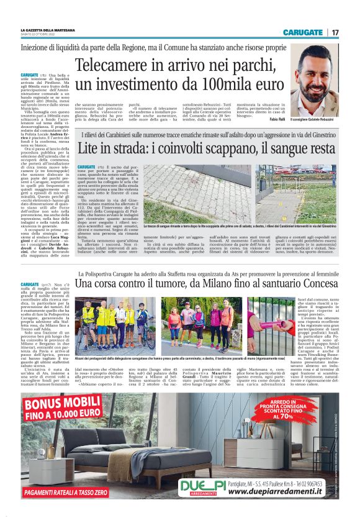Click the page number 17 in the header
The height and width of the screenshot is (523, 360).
click(x=335, y=32)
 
